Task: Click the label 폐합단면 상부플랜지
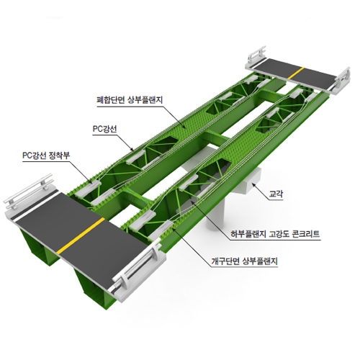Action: point(130,99)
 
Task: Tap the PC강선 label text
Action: point(105,129)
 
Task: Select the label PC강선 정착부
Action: point(46,156)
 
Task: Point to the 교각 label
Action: point(276,194)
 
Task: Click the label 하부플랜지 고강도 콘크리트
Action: point(275,233)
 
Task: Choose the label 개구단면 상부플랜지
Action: point(244,261)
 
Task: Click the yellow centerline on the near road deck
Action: point(81,235)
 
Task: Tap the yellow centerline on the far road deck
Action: point(296,73)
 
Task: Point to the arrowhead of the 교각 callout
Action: point(253,184)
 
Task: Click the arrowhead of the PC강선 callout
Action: point(132,150)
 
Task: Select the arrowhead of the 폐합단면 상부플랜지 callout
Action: point(184,127)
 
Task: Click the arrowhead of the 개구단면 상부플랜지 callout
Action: point(174,230)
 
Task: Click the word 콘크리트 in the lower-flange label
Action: point(306,233)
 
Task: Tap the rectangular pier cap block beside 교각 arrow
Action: point(250,180)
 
